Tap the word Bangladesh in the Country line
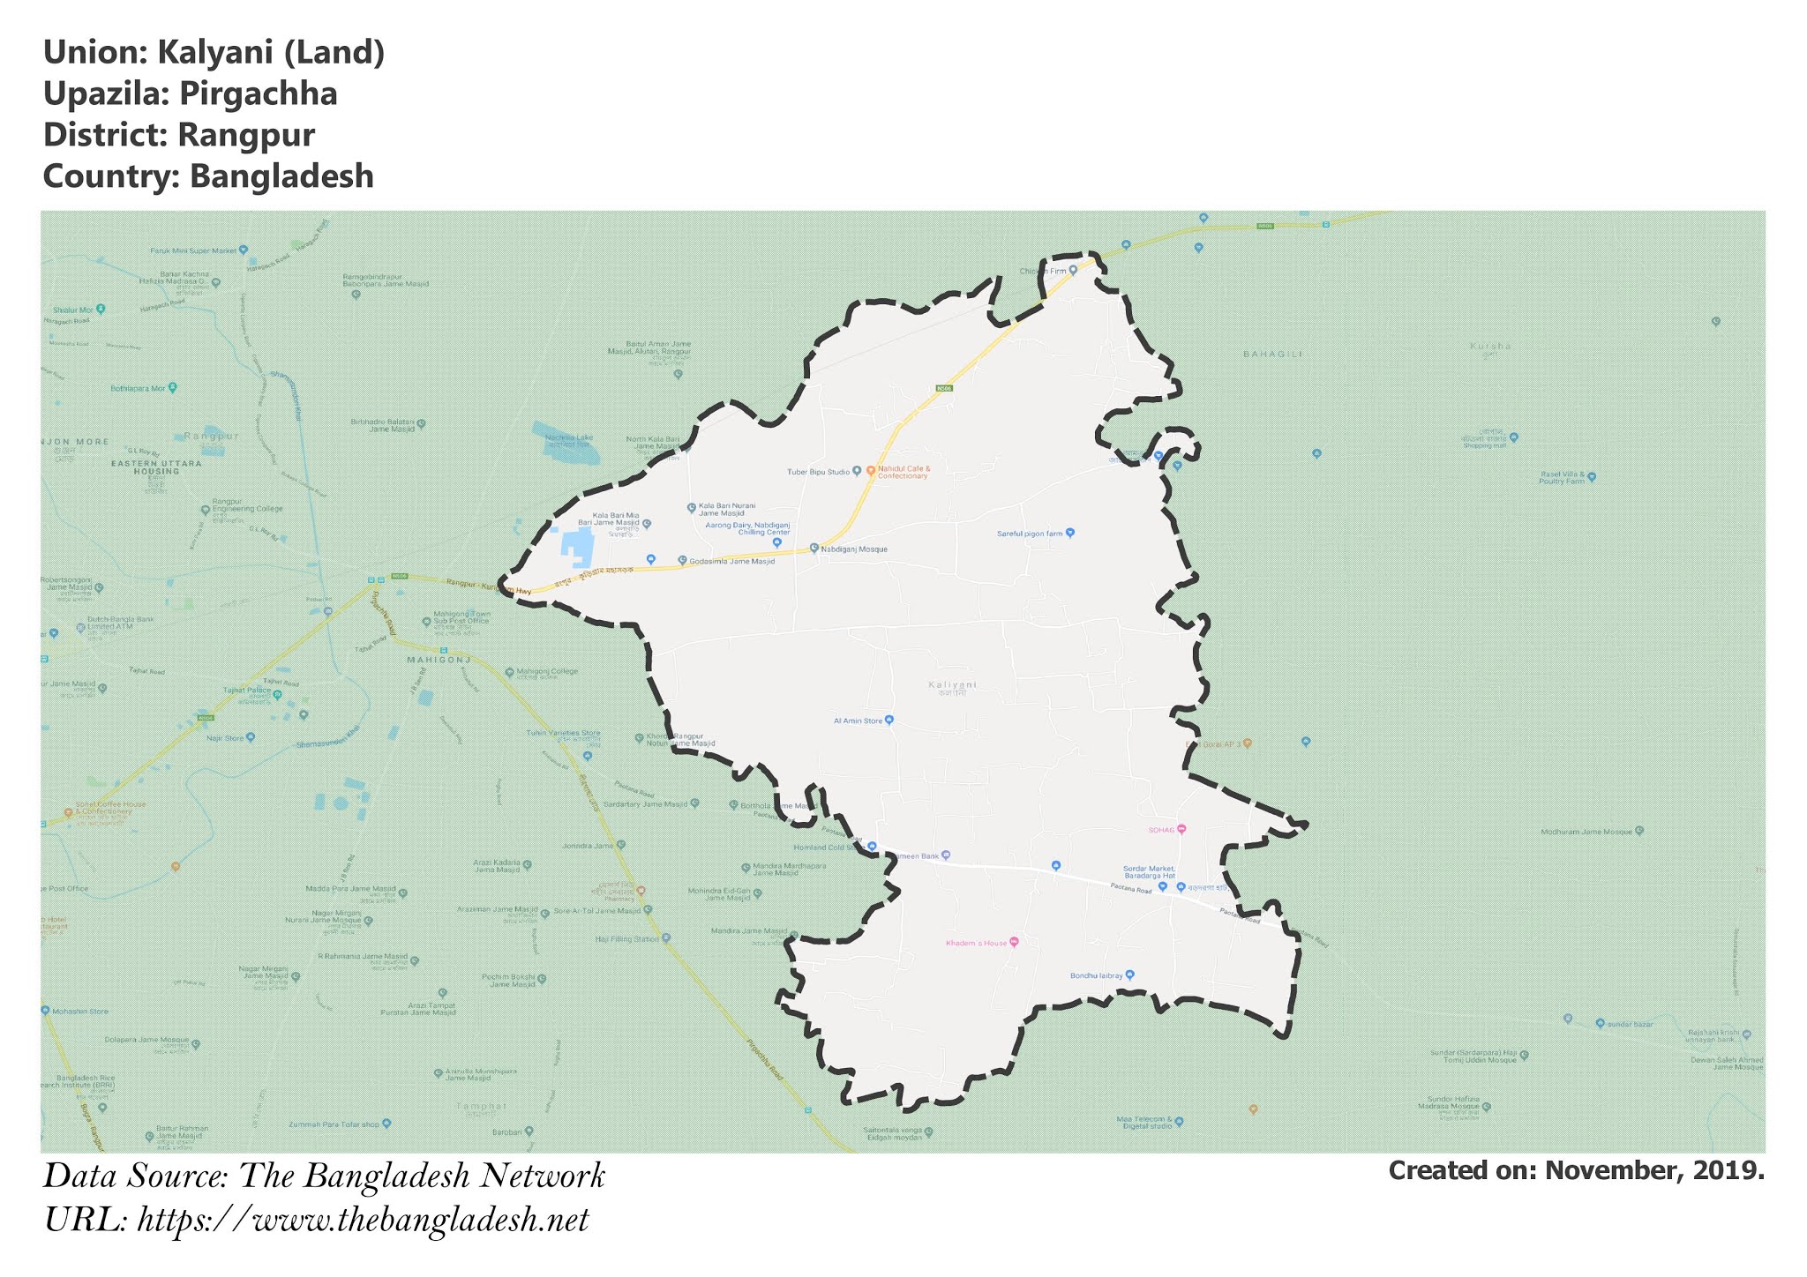pos(281,176)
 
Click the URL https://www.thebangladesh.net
pos(363,1221)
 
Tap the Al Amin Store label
pos(858,721)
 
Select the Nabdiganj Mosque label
pos(853,549)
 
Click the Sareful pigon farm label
pos(1030,534)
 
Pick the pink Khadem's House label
pos(976,944)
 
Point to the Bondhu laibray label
pos(1096,975)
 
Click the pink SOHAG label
pos(1161,830)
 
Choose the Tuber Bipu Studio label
pos(818,472)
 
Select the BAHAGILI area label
pos(1272,354)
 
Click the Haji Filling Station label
pos(626,939)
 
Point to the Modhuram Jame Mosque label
pos(1586,832)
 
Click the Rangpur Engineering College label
pos(247,509)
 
